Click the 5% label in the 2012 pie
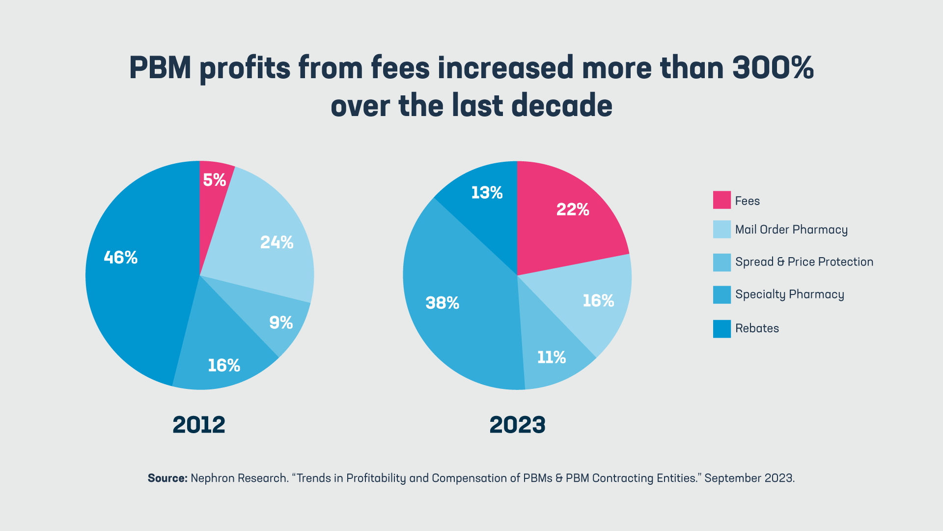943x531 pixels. [215, 180]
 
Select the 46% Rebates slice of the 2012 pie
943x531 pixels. [133, 285]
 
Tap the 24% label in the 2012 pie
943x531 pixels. [277, 242]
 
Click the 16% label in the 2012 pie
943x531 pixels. [224, 365]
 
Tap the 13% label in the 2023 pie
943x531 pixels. [487, 192]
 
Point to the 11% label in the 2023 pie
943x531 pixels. [551, 357]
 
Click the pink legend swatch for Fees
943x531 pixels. [721, 200]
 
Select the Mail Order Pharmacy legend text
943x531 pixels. [791, 230]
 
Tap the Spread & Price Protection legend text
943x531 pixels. [804, 262]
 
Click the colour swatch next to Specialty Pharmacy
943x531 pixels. [721, 295]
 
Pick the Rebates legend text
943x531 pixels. [757, 328]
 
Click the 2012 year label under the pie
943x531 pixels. [199, 425]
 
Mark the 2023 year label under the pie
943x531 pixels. [517, 425]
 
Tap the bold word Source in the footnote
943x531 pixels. [167, 478]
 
